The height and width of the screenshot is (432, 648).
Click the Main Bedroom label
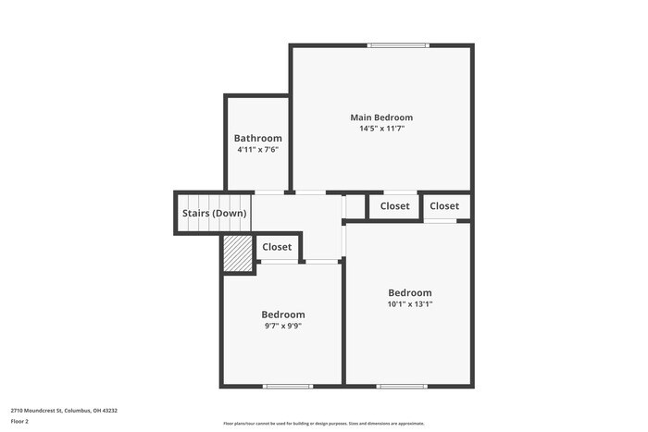(380, 117)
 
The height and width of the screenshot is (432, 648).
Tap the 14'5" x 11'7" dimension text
(380, 129)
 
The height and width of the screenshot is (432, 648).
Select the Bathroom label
(257, 138)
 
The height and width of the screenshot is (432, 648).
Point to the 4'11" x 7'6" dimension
(257, 149)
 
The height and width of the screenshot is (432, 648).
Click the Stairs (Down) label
(214, 214)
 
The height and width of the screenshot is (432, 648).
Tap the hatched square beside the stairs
(237, 253)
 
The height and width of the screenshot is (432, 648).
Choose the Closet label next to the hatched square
(277, 247)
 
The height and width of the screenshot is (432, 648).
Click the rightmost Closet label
(443, 206)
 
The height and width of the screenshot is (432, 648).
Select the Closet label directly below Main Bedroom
(395, 206)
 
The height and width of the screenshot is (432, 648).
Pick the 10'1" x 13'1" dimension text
(409, 303)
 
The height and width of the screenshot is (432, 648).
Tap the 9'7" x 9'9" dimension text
(282, 326)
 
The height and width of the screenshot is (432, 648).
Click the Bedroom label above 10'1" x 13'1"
(409, 292)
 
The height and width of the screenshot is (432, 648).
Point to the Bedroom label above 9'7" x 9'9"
(282, 315)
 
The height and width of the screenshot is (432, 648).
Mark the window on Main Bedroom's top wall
(397, 44)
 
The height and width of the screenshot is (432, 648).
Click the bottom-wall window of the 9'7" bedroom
(281, 386)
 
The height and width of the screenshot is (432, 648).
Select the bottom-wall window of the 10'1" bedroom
(401, 386)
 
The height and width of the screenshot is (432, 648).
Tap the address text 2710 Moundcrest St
(64, 410)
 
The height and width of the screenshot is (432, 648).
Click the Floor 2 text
(19, 421)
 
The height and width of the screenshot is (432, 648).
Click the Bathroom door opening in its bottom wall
(269, 192)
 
